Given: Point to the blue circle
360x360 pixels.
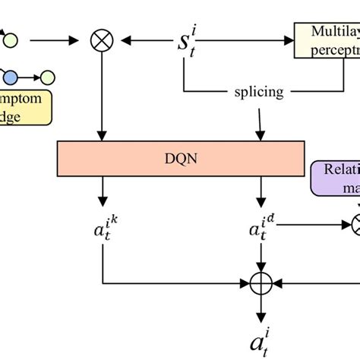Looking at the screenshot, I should [10, 77].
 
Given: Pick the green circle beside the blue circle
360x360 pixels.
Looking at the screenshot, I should [47, 77].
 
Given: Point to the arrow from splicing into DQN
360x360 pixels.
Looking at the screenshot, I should [261, 122].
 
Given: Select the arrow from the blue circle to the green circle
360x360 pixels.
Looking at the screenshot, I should [28, 77].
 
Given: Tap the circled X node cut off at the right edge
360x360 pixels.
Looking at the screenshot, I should [356, 223].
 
